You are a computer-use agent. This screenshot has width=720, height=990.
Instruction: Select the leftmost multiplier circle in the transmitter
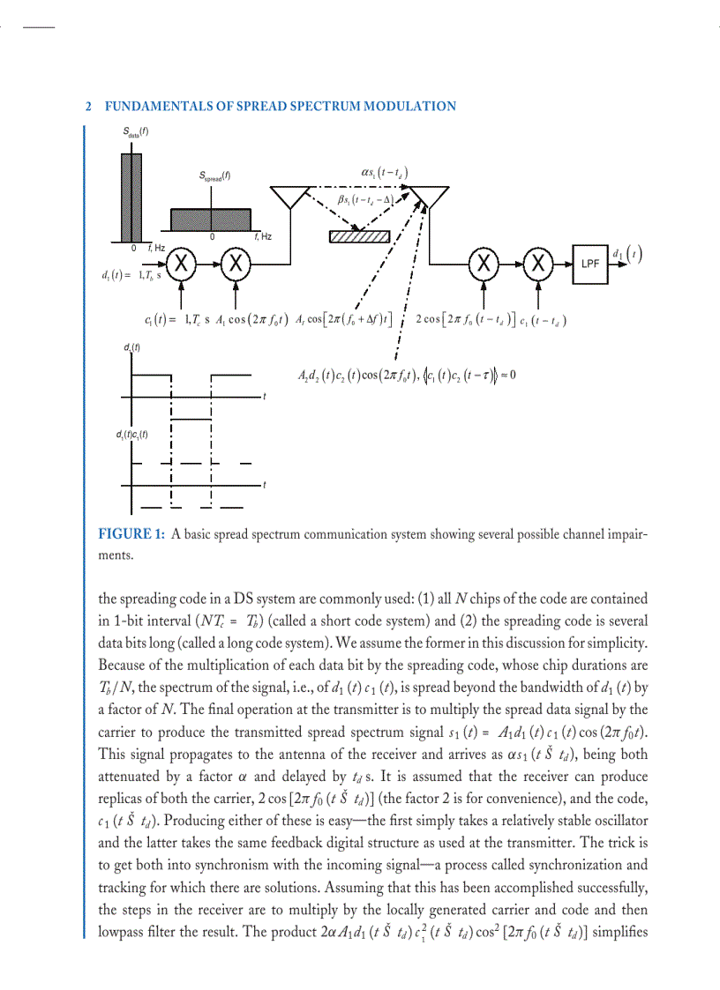click(181, 263)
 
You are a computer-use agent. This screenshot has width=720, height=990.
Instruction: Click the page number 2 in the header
click(89, 107)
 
